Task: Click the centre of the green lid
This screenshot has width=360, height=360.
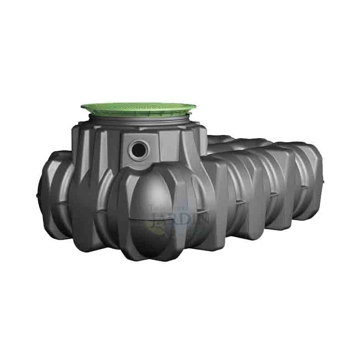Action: click(139, 106)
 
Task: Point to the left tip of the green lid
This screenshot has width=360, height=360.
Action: click(82, 107)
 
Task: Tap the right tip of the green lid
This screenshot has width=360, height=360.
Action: click(196, 107)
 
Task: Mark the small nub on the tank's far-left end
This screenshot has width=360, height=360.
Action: click(37, 194)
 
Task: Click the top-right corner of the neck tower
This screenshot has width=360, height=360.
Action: click(205, 128)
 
